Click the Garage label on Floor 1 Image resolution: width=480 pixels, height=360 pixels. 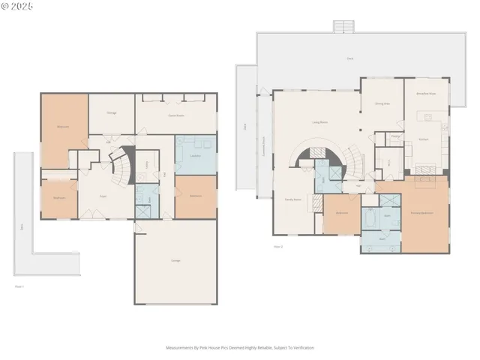[x=175, y=260]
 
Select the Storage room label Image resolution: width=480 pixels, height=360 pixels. [x=111, y=112]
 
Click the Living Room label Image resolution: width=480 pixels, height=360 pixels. [x=321, y=121]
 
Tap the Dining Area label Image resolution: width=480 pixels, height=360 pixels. [x=382, y=105]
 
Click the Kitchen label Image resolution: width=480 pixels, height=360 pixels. [x=424, y=139]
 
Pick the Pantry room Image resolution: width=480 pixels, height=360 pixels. [x=395, y=136]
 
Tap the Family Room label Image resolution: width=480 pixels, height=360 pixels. [x=292, y=199]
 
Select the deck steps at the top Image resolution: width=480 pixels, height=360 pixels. [x=343, y=26]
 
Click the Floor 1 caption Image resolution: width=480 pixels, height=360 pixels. [x=20, y=286]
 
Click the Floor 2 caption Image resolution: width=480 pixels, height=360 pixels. [x=278, y=246]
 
